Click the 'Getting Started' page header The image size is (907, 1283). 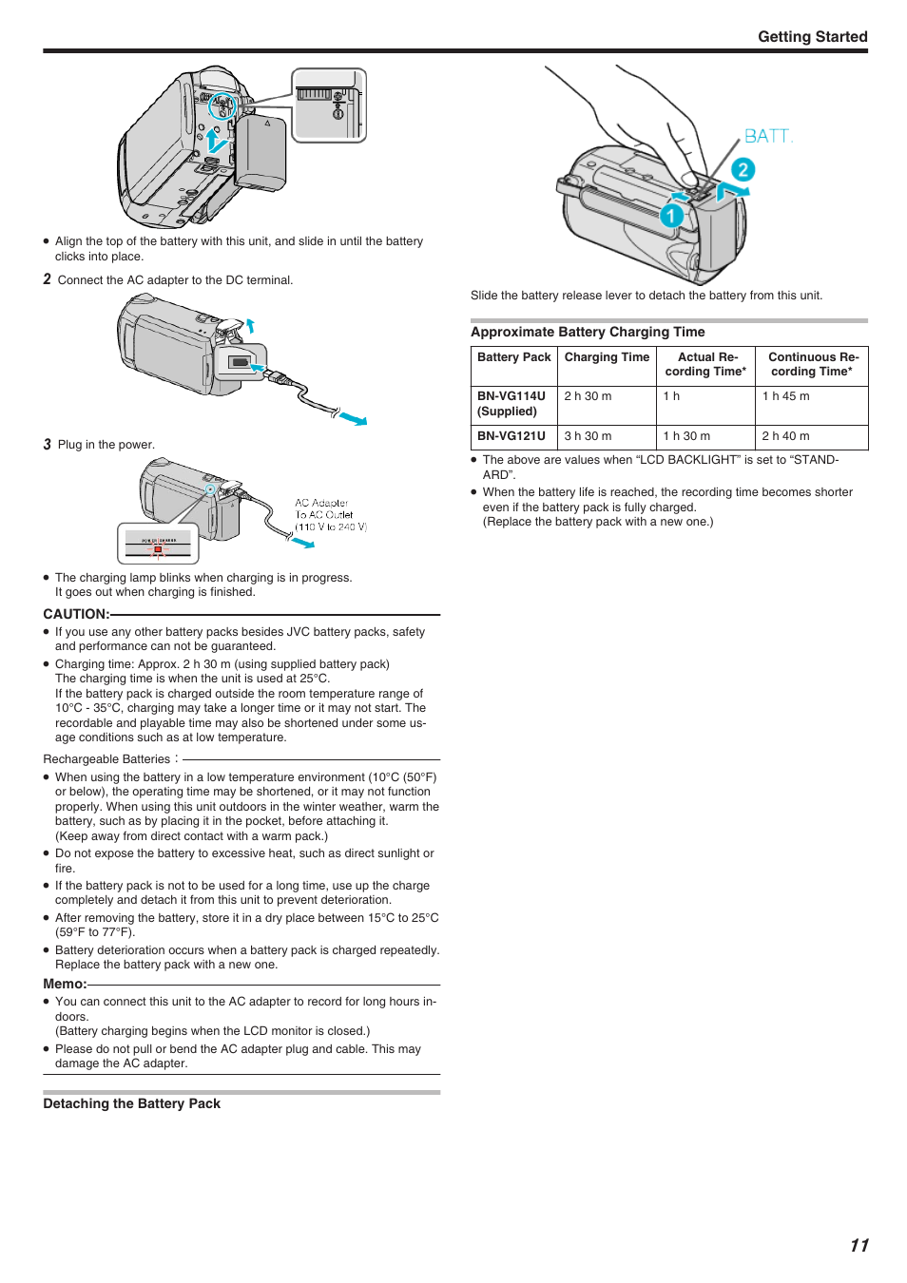pyautogui.click(x=812, y=37)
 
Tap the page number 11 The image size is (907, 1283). pyautogui.click(x=859, y=1245)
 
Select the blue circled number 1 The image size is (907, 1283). pyautogui.click(x=671, y=216)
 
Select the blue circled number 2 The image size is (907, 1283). pyautogui.click(x=743, y=170)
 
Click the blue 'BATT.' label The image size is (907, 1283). pyautogui.click(x=768, y=136)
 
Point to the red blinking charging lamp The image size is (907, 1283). pyautogui.click(x=158, y=548)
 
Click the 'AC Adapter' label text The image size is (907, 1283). pyautogui.click(x=321, y=503)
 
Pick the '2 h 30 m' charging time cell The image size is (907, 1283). pyautogui.click(x=588, y=395)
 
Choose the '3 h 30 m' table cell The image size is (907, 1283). pyautogui.click(x=588, y=436)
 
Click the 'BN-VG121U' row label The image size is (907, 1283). pyautogui.click(x=511, y=436)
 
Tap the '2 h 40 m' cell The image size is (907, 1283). pyautogui.click(x=785, y=436)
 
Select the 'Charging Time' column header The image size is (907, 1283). pyautogui.click(x=607, y=356)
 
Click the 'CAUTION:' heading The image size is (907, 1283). pyautogui.click(x=76, y=614)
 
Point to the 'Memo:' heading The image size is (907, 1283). pyautogui.click(x=65, y=984)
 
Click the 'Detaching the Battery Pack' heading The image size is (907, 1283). pyautogui.click(x=131, y=1103)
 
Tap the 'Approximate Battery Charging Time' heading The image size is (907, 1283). pyautogui.click(x=588, y=333)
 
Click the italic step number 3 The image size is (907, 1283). pyautogui.click(x=47, y=445)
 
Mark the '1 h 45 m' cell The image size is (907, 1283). pyautogui.click(x=785, y=395)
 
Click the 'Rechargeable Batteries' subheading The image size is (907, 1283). pyautogui.click(x=106, y=759)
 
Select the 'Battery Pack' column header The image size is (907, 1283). pyautogui.click(x=514, y=356)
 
